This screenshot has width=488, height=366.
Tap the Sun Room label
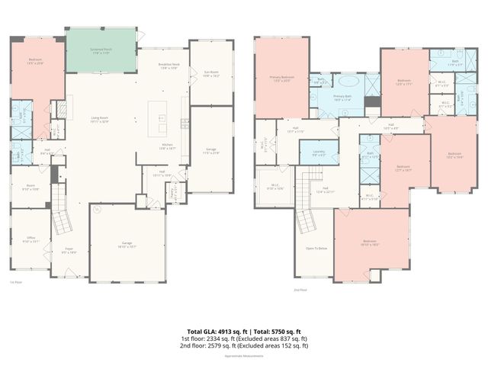pyautogui.click(x=211, y=74)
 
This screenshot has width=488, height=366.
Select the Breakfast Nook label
pyautogui.click(x=169, y=66)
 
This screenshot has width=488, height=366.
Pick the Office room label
pyautogui.click(x=31, y=239)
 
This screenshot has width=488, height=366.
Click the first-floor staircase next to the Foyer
pyautogui.click(x=61, y=223)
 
